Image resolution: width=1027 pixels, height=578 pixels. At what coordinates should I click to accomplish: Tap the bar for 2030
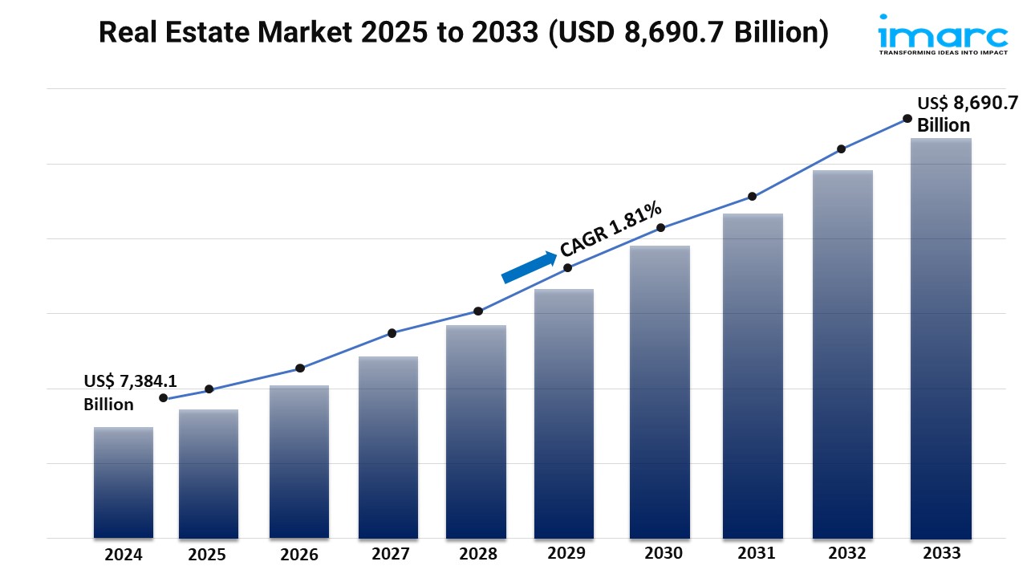tap(660, 392)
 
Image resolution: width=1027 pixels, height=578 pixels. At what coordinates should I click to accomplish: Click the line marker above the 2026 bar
tap(300, 368)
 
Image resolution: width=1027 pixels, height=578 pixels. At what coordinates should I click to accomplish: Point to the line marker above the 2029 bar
tap(567, 268)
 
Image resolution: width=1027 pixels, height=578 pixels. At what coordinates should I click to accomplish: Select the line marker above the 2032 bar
tap(841, 149)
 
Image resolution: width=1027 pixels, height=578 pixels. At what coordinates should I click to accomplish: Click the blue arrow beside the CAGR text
tap(530, 267)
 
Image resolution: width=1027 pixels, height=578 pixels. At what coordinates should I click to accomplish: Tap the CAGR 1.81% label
tap(611, 229)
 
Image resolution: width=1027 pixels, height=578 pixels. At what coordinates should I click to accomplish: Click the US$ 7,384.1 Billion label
tap(120, 393)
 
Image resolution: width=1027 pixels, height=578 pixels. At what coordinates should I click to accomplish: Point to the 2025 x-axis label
tap(207, 555)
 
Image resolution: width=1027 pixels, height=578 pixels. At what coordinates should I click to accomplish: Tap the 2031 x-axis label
tap(756, 553)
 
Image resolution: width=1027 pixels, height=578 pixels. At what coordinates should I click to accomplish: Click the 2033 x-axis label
tap(940, 553)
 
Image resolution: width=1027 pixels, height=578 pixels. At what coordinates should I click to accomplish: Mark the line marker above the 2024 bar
tap(164, 398)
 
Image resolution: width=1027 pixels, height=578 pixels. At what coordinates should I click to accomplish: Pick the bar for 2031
tap(752, 376)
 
